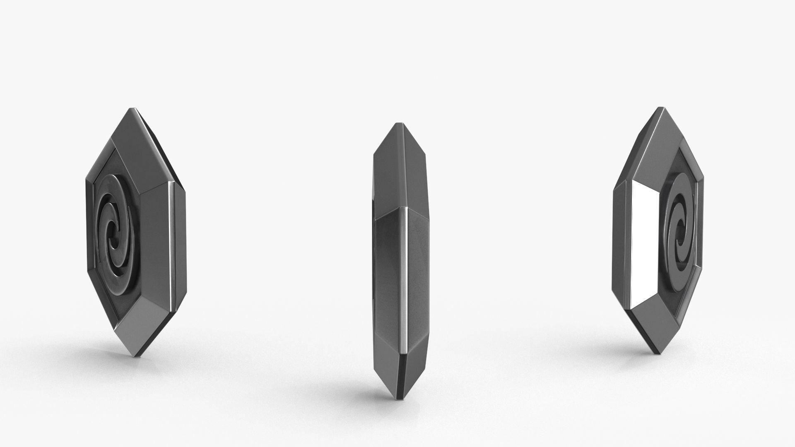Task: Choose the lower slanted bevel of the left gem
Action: point(141,319)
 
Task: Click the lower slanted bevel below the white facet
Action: point(646,323)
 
